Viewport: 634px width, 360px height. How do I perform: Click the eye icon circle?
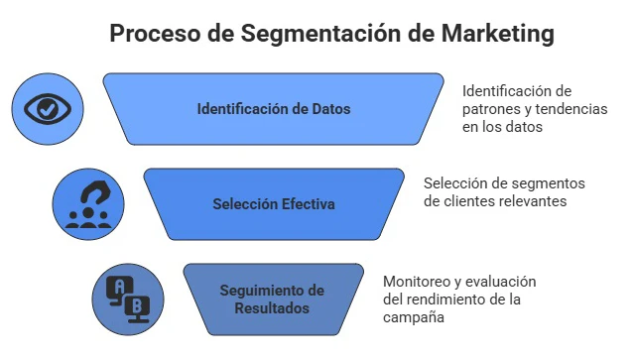tap(48, 108)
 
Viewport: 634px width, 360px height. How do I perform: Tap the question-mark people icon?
tap(88, 203)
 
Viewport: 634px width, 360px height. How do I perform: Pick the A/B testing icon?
tap(128, 298)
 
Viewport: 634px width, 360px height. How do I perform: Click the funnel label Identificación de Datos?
tap(273, 109)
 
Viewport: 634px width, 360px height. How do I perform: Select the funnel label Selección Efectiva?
tap(273, 204)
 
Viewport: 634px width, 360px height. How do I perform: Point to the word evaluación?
tap(501, 281)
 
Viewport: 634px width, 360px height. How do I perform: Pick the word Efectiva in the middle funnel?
tap(306, 204)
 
